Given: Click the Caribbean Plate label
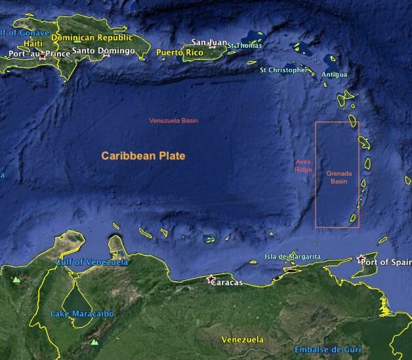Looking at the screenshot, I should click(143, 156).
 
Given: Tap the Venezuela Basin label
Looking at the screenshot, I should click(174, 121).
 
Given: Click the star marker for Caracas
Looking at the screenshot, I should click(211, 280).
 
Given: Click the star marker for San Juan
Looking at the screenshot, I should click(213, 46).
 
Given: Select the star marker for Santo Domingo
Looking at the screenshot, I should click(106, 54).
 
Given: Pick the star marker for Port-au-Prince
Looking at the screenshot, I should click(43, 56).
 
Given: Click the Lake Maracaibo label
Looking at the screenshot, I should click(82, 314).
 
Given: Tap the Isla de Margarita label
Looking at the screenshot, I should click(293, 256).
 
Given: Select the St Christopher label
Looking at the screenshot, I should click(283, 70).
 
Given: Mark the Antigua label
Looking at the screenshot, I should click(335, 75).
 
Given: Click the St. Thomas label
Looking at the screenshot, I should click(245, 45).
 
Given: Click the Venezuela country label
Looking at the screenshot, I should click(243, 340).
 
